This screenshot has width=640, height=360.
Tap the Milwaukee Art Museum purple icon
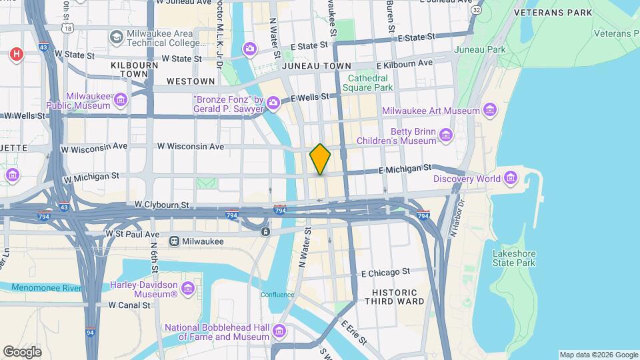click(x=490, y=111)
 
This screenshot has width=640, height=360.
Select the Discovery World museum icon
click(x=511, y=178)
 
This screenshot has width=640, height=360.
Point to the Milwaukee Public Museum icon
click(x=121, y=101)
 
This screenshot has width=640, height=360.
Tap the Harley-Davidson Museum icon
click(x=188, y=289)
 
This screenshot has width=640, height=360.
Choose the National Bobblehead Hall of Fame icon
click(x=279, y=331)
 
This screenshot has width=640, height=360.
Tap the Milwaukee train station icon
click(x=174, y=241)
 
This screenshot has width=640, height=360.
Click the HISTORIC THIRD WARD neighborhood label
click(x=394, y=297)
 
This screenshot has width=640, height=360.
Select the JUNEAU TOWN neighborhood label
click(x=317, y=67)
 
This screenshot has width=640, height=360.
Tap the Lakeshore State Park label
click(x=513, y=258)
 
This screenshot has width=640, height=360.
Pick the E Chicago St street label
click(x=385, y=273)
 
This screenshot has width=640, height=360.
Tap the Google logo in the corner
click(x=22, y=351)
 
